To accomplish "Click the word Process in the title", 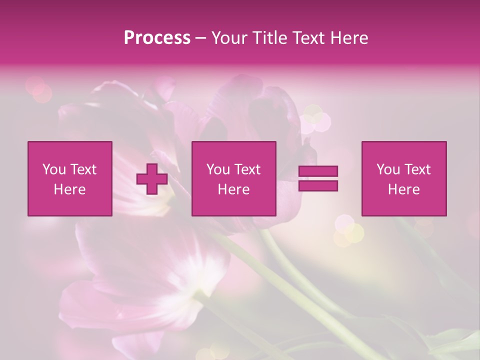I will click(157, 38).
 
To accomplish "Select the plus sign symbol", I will click(152, 179).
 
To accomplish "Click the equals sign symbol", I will click(318, 178).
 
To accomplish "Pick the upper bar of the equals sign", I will click(318, 171).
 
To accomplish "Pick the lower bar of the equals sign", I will click(318, 185).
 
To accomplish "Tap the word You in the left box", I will click(54, 169).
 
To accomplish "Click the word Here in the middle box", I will click(233, 189).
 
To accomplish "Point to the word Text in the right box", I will click(417, 169).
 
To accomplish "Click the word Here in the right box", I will click(404, 189).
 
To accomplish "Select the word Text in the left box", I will click(83, 169).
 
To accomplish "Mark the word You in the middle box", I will click(218, 169).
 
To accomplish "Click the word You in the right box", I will click(388, 169).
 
